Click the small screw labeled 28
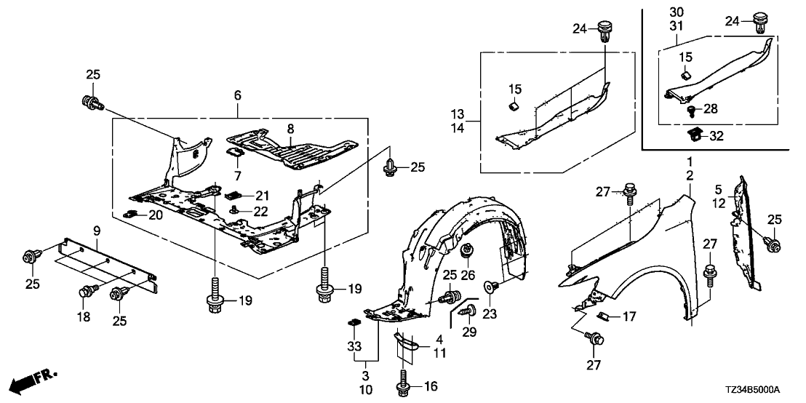click(x=690, y=110)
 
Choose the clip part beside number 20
click(x=132, y=214)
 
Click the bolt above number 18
click(x=84, y=291)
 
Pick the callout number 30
click(x=677, y=12)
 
